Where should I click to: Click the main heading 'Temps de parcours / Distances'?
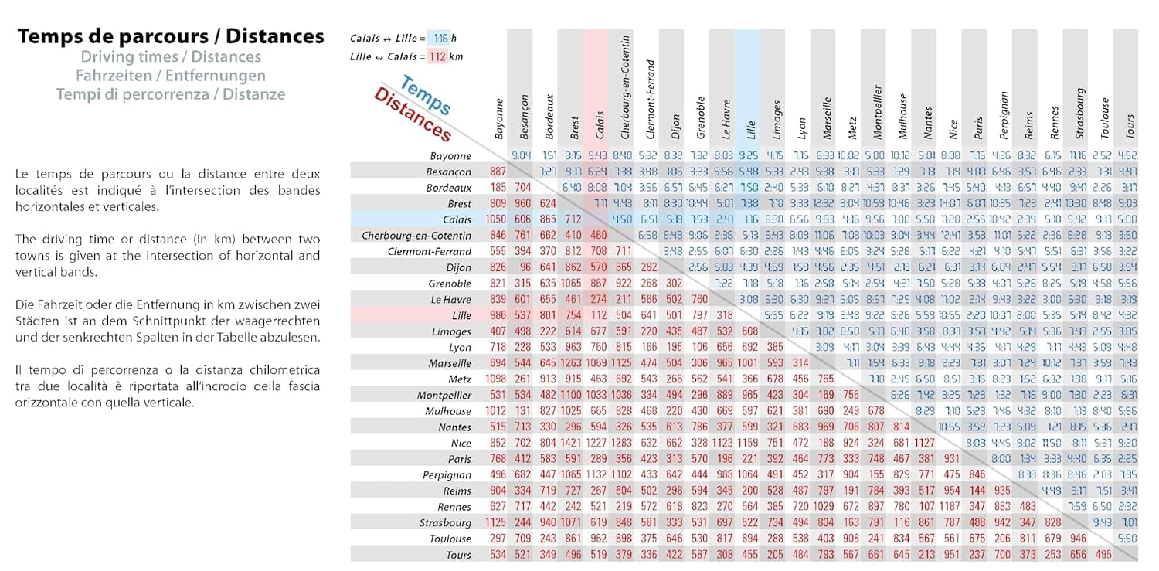pyautogui.click(x=171, y=36)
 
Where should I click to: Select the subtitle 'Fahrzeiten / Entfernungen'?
pyautogui.click(x=171, y=76)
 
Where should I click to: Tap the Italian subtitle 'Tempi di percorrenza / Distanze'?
pyautogui.click(x=171, y=94)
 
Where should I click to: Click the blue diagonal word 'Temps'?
pyautogui.click(x=426, y=95)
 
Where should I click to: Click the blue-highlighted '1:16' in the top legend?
pyautogui.click(x=440, y=39)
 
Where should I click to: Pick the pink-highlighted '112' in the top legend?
pyautogui.click(x=437, y=56)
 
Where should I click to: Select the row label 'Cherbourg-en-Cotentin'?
pyautogui.click(x=416, y=236)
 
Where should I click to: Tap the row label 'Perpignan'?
pyautogui.click(x=447, y=475)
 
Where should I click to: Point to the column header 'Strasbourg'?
pyautogui.click(x=1079, y=114)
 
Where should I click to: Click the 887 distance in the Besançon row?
pyautogui.click(x=498, y=172)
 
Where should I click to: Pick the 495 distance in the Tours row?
pyautogui.click(x=1103, y=555)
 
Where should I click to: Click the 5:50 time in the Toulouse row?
pyautogui.click(x=1127, y=539)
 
